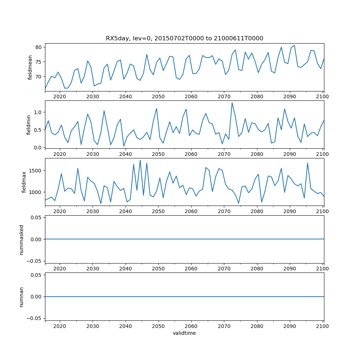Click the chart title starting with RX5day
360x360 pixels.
click(184, 39)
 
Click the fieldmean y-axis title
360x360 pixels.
click(30, 67)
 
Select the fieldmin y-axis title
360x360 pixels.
click(29, 125)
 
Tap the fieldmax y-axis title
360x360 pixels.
click(24, 182)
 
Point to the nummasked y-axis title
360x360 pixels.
click(22, 239)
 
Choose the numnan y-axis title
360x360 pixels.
click(22, 297)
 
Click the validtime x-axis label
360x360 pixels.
click(184, 333)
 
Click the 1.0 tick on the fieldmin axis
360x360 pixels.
click(37, 112)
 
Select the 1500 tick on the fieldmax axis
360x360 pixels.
click(35, 170)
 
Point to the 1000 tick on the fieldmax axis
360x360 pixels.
click(35, 192)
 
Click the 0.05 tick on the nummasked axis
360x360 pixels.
click(36, 217)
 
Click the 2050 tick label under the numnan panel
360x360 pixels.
click(158, 326)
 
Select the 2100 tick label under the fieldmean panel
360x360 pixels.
click(323, 96)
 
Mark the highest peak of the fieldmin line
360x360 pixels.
click(232, 103)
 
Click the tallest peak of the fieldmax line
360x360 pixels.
click(140, 160)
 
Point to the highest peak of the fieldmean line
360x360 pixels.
click(294, 45)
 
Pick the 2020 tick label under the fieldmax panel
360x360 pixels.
click(60, 211)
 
